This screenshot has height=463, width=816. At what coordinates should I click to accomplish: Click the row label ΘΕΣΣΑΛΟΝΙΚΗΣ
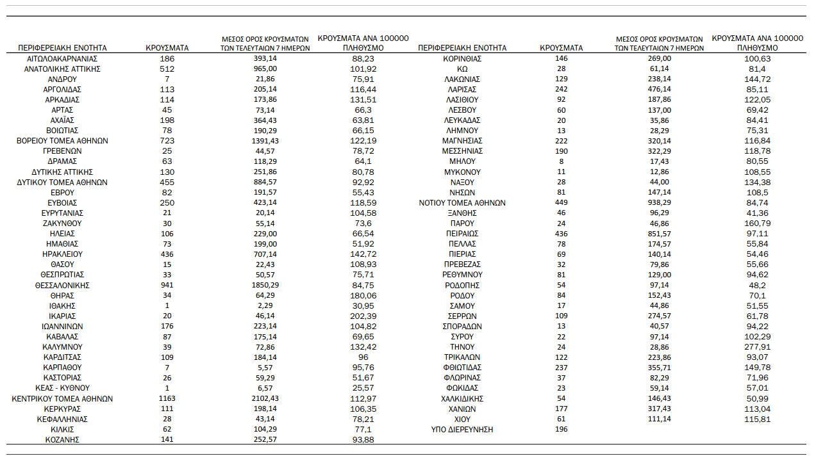coord(62,285)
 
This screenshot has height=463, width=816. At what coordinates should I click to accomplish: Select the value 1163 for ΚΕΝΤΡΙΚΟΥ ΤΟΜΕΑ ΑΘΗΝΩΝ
coord(167,398)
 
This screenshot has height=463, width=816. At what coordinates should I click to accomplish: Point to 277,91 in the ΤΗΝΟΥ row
coord(757,347)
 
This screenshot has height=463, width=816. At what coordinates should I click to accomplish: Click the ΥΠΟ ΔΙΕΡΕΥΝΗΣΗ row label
coord(462,429)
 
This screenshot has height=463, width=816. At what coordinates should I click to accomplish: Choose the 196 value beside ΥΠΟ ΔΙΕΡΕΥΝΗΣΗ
coord(561,429)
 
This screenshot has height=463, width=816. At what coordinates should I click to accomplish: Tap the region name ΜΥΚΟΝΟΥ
coord(462,172)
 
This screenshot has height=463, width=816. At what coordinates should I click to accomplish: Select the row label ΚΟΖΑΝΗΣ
coord(62,439)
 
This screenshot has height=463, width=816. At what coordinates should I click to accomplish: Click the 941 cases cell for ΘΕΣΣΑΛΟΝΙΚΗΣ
coord(167,285)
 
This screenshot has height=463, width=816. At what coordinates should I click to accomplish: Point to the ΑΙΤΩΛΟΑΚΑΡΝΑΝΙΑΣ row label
coord(62,58)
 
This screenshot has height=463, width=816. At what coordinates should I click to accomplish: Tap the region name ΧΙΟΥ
coord(462,419)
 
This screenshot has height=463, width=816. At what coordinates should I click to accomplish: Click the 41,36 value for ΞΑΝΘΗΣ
coord(757,213)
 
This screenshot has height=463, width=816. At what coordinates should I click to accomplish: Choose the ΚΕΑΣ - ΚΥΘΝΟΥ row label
coord(62,388)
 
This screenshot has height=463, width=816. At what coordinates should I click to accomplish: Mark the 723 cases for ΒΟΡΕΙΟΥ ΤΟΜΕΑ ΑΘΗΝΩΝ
coord(167,140)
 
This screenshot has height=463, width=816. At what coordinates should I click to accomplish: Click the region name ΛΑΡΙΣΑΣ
coord(462,89)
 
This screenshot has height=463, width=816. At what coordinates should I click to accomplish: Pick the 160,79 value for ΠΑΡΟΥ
coord(757,223)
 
